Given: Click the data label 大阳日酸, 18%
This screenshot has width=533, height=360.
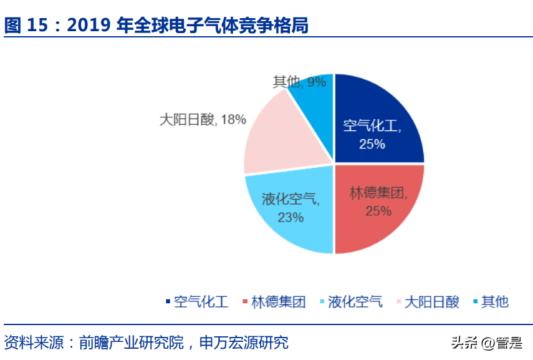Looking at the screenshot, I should coord(203,119).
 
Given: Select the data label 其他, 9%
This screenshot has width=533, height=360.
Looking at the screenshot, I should coord(299,82).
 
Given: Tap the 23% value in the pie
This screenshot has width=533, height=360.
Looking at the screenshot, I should coord(291,217).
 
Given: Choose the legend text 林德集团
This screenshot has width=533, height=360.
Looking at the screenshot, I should coord(279,303).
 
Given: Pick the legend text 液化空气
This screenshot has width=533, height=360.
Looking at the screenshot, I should coord(355,303).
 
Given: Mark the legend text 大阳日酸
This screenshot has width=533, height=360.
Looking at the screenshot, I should coord(432,303).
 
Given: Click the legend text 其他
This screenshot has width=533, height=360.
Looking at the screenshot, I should coord(495,303).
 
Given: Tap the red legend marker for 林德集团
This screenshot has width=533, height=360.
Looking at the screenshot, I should coord(245,303).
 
